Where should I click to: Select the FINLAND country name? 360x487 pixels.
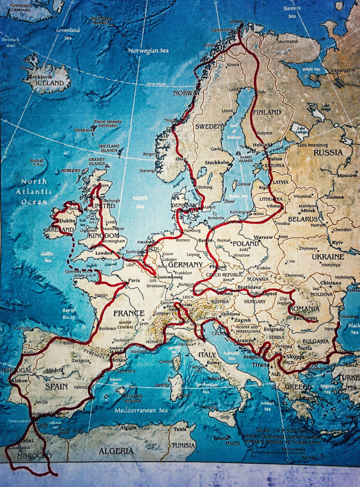[267, 112]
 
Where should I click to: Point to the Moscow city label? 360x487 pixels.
[347, 175]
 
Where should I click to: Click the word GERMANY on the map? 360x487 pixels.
[185, 265]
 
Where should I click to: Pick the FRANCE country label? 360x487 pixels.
[129, 313]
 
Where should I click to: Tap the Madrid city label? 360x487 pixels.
[54, 370]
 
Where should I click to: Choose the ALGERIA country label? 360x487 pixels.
[116, 451]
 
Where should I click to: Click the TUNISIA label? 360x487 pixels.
[183, 445]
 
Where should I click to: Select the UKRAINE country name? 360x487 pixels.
[328, 257]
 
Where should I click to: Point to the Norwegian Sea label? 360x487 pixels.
[148, 51]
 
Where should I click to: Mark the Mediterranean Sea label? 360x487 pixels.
[141, 410]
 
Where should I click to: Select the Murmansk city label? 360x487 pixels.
[288, 41]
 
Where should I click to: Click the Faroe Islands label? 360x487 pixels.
[108, 121]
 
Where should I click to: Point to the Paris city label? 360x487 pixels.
[134, 281]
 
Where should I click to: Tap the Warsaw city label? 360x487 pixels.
[263, 237]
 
